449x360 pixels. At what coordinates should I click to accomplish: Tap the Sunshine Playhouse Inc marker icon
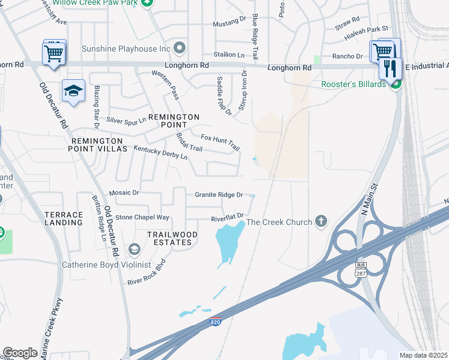[x=179, y=48]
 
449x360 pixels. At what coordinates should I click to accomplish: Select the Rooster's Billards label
[x=354, y=85]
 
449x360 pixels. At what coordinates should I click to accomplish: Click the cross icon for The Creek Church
[x=322, y=222]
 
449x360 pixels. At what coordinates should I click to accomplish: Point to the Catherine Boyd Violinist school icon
[x=134, y=249]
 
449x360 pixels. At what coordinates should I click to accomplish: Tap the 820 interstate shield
[x=215, y=323]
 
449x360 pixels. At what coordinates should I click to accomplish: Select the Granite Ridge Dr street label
[x=218, y=195]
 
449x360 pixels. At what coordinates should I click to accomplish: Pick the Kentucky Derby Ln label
[x=160, y=152]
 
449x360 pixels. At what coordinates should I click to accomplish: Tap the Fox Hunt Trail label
[x=220, y=143]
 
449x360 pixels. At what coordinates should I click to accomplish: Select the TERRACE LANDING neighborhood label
[x=63, y=218]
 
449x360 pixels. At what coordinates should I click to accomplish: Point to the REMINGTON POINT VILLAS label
[x=99, y=144]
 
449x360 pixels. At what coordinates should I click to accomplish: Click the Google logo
[x=20, y=353]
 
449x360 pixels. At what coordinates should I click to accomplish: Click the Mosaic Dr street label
[x=124, y=193]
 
